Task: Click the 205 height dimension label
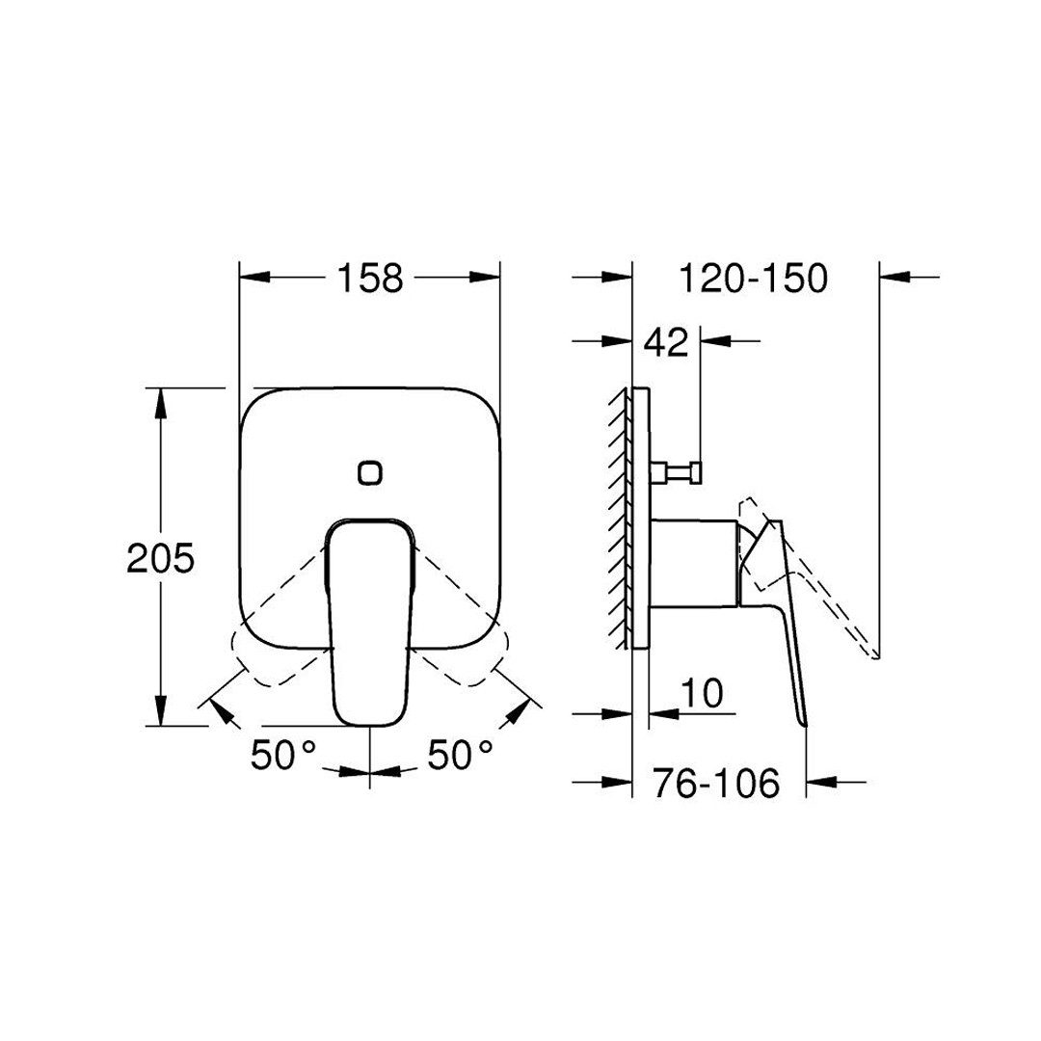pos(161,558)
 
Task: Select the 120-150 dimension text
pos(753,278)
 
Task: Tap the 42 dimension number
pos(667,342)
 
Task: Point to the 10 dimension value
pos(702,693)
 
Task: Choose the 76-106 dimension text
pos(715,784)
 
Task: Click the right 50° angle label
pos(461,755)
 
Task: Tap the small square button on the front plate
pos(369,472)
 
